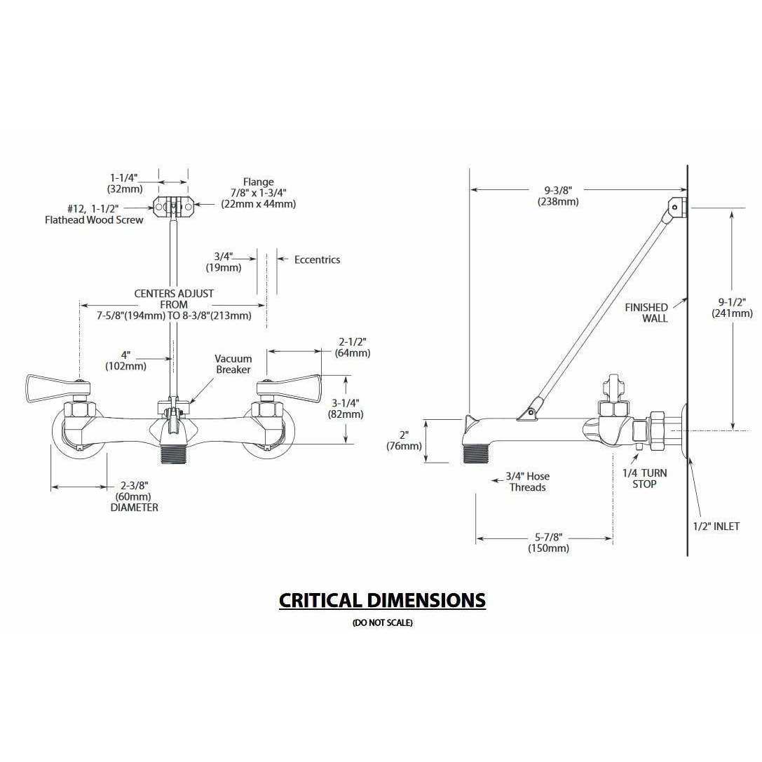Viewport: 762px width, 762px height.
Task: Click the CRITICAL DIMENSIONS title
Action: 382,600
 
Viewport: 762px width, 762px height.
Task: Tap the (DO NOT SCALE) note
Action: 382,623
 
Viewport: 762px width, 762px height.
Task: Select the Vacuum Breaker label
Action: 233,364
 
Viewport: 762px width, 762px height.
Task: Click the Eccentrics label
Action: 317,259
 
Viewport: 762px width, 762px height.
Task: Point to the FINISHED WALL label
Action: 646,313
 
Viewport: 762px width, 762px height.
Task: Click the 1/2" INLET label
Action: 716,526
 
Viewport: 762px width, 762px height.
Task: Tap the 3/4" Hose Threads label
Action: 527,482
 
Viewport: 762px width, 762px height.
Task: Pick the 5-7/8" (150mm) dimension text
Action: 547,543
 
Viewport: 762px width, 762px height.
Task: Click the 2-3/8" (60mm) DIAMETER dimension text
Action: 134,496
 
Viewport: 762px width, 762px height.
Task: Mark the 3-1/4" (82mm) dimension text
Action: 346,408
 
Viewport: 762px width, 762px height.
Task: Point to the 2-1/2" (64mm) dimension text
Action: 353,347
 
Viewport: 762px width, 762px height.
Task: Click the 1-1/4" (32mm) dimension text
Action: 125,183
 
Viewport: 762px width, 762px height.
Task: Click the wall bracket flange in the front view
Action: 172,205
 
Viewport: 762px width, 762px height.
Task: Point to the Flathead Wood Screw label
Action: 95,215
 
